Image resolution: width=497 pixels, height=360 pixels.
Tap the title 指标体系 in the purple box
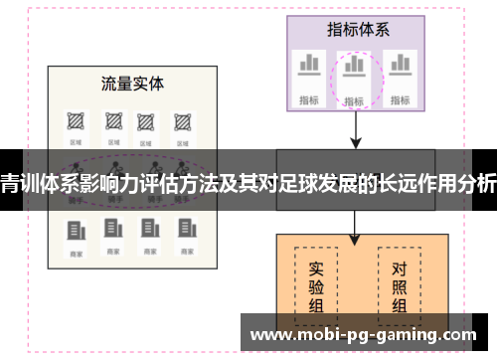tap(356, 29)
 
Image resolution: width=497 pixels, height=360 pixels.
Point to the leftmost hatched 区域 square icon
tap(75, 121)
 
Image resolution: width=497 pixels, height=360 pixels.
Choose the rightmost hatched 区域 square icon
tap(183, 121)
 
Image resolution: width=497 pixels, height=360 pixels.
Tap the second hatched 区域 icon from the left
tap(111, 121)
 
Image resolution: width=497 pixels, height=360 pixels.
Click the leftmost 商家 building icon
tap(75, 231)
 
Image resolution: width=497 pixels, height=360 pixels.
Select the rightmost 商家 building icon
tap(183, 231)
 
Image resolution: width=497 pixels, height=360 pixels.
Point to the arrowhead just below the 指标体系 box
tap(356, 142)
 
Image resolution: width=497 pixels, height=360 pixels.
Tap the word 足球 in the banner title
tap(295, 183)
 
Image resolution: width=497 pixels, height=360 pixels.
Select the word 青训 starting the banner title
tap(14, 183)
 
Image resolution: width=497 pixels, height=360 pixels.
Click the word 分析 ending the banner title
tap(480, 183)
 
